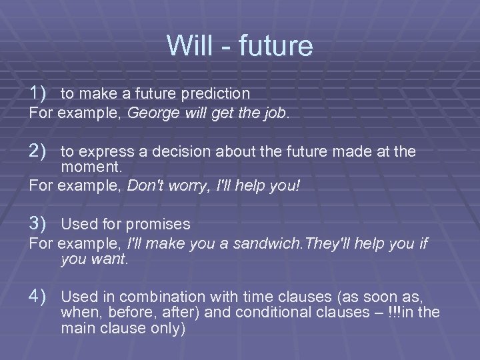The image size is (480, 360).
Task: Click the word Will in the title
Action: tap(188, 45)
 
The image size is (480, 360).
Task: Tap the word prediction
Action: tap(217, 93)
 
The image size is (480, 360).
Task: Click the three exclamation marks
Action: tap(397, 312)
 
